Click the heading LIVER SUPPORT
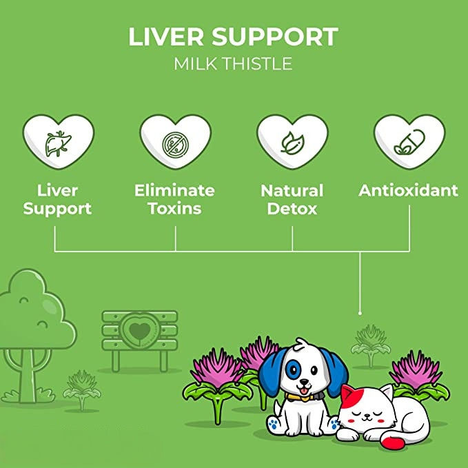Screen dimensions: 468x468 click(x=233, y=37)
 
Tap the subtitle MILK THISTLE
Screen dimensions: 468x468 click(x=233, y=64)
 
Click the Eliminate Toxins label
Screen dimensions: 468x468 click(x=174, y=199)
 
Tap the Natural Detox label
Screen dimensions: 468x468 click(x=292, y=199)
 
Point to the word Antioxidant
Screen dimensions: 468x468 click(x=408, y=191)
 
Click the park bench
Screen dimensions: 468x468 click(x=140, y=338)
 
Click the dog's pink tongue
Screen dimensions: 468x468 click(x=301, y=386)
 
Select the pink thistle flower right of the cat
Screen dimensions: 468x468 click(x=415, y=370)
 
